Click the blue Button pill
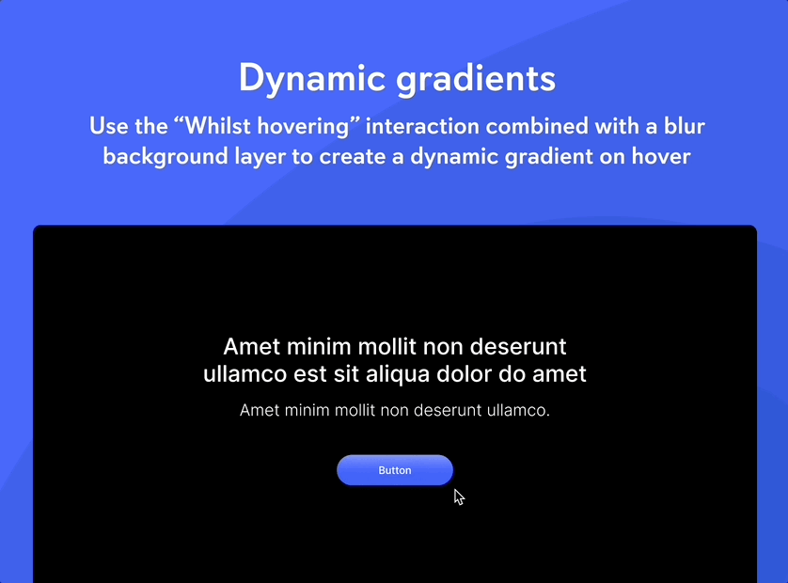(395, 470)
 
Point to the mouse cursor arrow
(458, 497)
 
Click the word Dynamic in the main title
(312, 79)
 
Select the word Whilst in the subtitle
(217, 126)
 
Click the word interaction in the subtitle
(422, 126)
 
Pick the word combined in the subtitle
(537, 126)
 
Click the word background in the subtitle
(165, 157)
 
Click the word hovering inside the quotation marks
(303, 126)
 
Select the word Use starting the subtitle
(108, 126)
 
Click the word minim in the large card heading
(319, 347)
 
